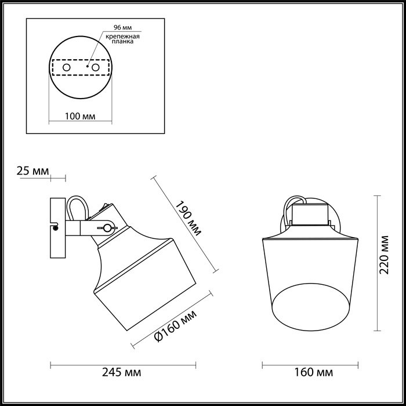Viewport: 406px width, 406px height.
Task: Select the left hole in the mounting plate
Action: coord(66,68)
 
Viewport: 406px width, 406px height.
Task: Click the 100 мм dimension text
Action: coord(79,116)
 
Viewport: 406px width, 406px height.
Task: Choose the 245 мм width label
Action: coord(122,372)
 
